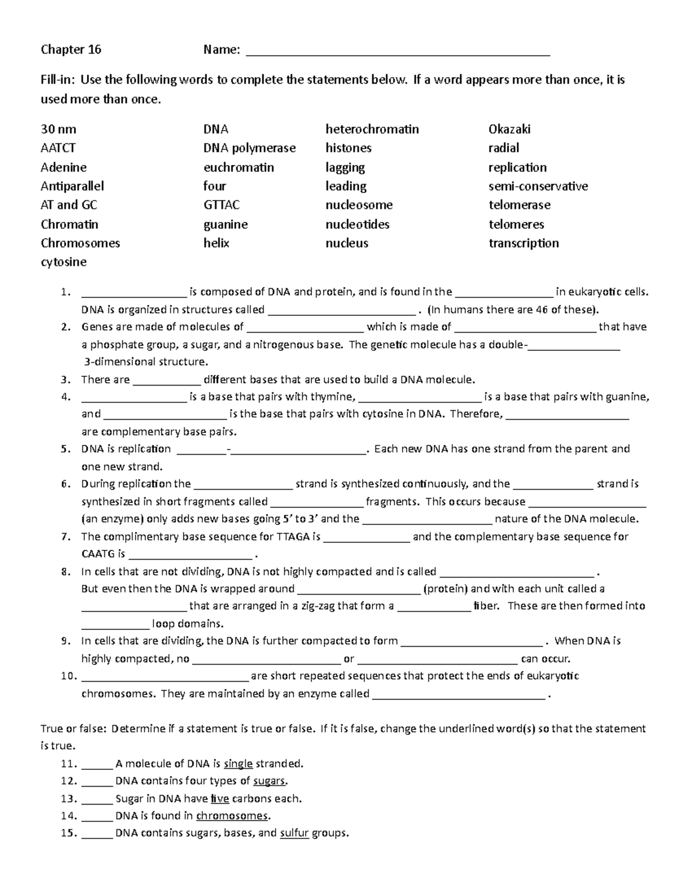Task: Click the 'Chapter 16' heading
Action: click(x=71, y=50)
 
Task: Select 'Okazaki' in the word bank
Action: click(x=509, y=129)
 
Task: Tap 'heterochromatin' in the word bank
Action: click(x=372, y=129)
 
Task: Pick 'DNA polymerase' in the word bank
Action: click(x=249, y=148)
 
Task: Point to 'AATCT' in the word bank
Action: click(x=58, y=148)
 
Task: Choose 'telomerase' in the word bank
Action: click(x=519, y=205)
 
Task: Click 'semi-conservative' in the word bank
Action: click(x=538, y=186)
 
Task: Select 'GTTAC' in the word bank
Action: click(x=221, y=205)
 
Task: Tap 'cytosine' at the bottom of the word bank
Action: click(x=63, y=262)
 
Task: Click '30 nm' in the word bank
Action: click(x=58, y=129)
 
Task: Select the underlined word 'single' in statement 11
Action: click(x=238, y=764)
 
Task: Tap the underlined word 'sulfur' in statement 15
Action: click(x=294, y=833)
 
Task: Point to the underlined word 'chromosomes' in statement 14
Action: click(x=232, y=816)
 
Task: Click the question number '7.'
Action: click(x=66, y=537)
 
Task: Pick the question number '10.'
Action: click(x=68, y=676)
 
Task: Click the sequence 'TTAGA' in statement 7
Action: click(x=293, y=537)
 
